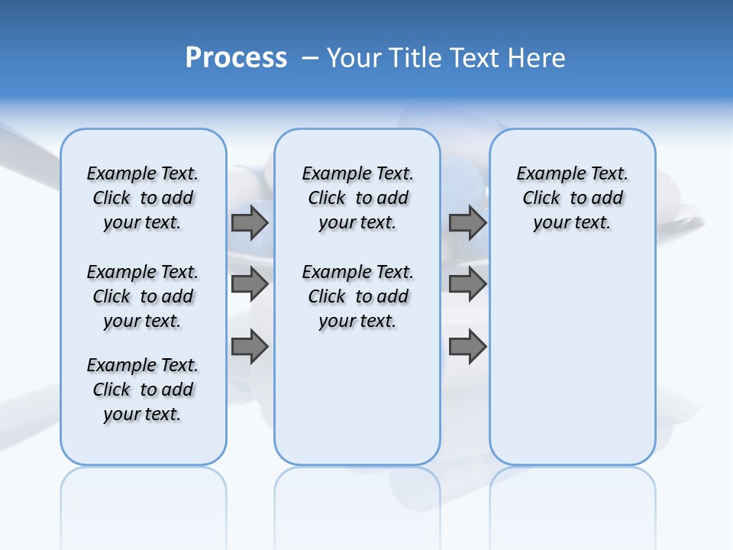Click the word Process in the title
click(236, 58)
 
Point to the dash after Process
click(310, 59)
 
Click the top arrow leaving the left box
click(250, 222)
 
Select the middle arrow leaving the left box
click(250, 284)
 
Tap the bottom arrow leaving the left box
click(250, 347)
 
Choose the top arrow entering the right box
click(467, 222)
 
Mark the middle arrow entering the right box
click(467, 284)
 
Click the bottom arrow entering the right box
click(467, 347)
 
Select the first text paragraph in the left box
click(143, 198)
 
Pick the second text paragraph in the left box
click(143, 296)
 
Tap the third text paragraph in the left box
click(143, 390)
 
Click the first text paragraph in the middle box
click(357, 198)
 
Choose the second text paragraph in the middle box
click(357, 296)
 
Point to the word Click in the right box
click(541, 199)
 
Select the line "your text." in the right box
click(572, 223)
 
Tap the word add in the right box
click(608, 199)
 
